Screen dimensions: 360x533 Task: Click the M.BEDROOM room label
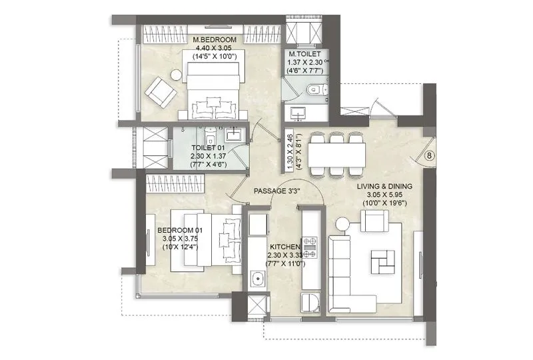(x=215, y=40)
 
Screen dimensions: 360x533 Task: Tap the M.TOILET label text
(x=304, y=54)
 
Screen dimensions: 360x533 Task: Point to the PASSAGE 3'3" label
(x=278, y=191)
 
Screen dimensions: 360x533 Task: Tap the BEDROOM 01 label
(x=179, y=231)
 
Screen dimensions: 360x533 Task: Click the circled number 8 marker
(x=430, y=157)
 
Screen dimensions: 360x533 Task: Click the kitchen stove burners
(x=310, y=247)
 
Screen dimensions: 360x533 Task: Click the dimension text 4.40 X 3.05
(x=215, y=49)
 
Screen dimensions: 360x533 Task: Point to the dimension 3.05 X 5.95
(x=384, y=194)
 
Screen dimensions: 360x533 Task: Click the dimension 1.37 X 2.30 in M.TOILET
(x=304, y=62)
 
